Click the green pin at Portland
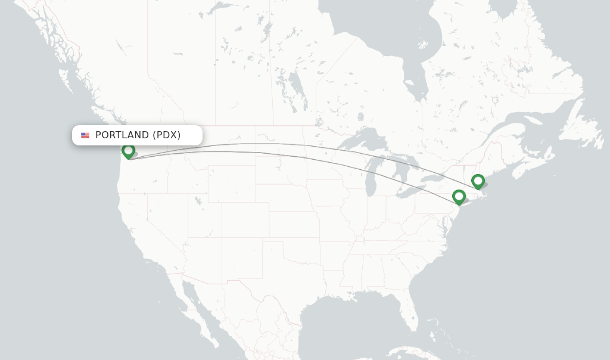click(x=128, y=151)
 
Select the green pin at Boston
click(x=478, y=181)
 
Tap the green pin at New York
click(x=459, y=196)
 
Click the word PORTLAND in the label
click(x=122, y=135)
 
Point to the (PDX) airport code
click(x=166, y=135)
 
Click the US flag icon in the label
click(x=85, y=135)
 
